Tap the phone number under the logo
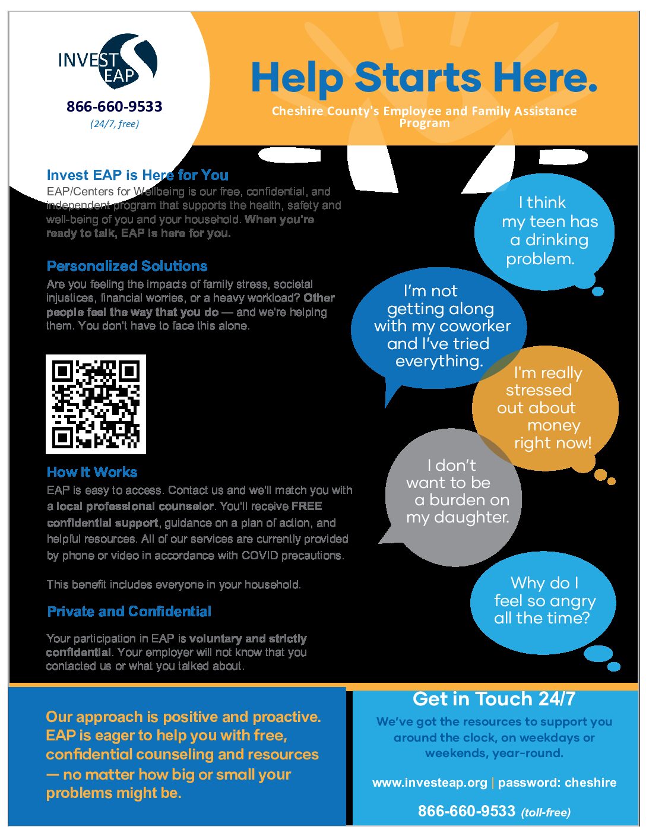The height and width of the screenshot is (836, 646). pos(114,106)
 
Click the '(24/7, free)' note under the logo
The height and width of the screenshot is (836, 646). pos(115,123)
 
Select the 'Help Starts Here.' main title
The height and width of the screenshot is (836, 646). pos(423,78)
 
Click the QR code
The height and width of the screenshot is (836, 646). pos(96,404)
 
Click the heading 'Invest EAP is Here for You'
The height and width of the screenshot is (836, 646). pos(137,175)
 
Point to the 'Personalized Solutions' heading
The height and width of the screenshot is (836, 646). pos(127,266)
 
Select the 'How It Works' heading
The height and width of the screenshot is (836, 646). pos(92,472)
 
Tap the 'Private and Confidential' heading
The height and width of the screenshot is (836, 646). pos(129,612)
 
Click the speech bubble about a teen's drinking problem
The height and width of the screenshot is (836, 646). pos(544,232)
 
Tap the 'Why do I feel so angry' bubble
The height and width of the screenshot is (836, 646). pos(543,601)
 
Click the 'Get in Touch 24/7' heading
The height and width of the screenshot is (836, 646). pos(494,699)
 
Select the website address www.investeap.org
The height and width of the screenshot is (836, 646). pos(430,783)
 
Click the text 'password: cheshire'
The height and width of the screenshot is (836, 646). pos(557,783)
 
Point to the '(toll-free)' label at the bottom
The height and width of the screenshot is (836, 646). pos(546,812)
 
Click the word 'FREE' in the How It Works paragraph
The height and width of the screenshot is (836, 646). pos(306,506)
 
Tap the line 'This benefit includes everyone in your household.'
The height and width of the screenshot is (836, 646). pos(174,584)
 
